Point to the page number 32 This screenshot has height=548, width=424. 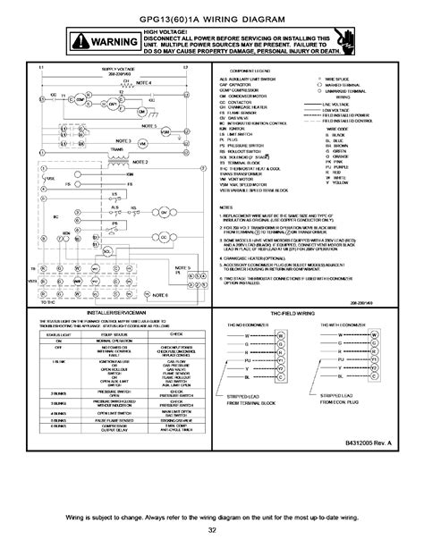(x=212, y=530)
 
